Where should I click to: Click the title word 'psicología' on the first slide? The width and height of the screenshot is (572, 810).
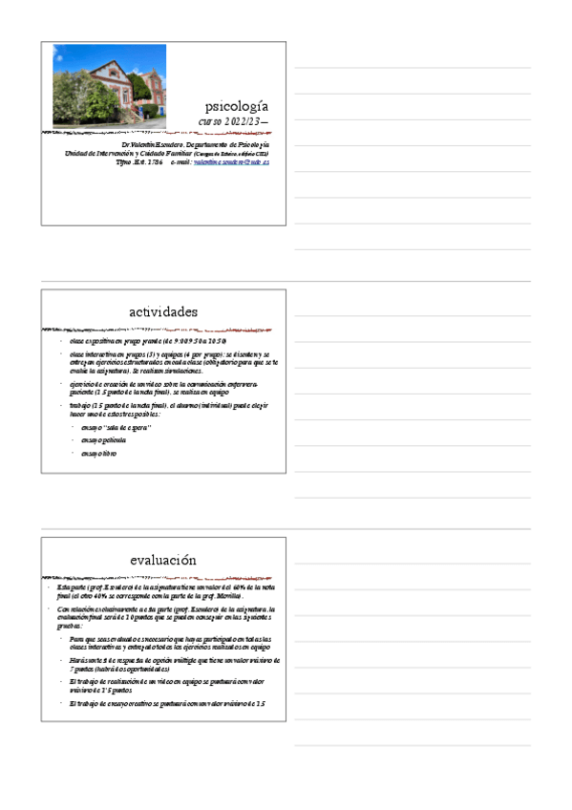click(x=237, y=105)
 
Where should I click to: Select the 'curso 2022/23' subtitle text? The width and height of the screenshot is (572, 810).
click(x=232, y=122)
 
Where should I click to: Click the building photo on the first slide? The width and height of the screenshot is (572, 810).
click(x=109, y=85)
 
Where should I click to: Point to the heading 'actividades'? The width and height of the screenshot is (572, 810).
click(x=163, y=311)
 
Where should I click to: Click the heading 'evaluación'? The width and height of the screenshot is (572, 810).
click(x=163, y=560)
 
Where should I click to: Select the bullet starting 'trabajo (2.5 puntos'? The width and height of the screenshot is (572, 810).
click(x=162, y=408)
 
